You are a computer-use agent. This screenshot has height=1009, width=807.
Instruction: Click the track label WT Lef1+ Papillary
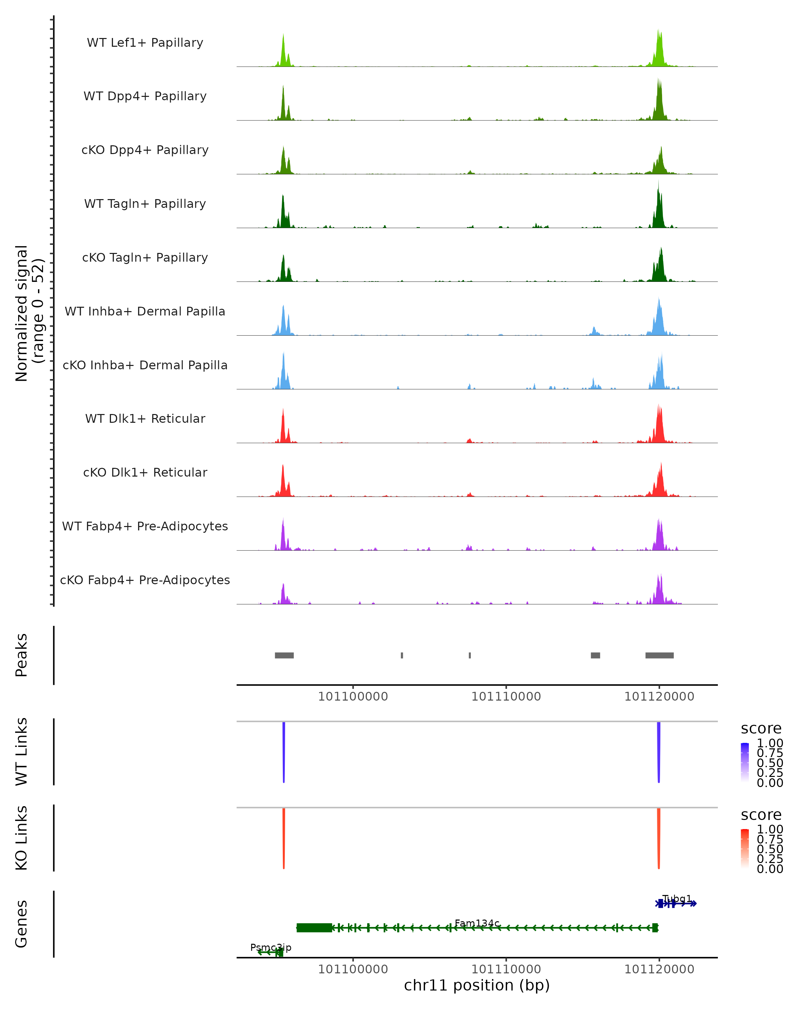pyautogui.click(x=145, y=43)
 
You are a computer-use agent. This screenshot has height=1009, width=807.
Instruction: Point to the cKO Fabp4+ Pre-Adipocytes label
pyautogui.click(x=145, y=580)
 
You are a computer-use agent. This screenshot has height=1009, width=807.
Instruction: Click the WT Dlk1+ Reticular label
pyautogui.click(x=145, y=418)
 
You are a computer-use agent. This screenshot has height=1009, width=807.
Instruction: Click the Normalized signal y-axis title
pyautogui.click(x=29, y=313)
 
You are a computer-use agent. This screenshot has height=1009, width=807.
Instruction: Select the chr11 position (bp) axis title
pyautogui.click(x=477, y=985)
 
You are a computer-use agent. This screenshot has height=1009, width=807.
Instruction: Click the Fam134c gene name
pyautogui.click(x=477, y=923)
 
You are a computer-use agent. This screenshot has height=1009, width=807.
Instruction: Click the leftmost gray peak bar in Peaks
pyautogui.click(x=284, y=655)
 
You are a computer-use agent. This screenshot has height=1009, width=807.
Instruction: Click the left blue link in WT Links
pyautogui.click(x=283, y=751)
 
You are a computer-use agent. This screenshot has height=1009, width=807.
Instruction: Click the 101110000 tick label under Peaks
pyautogui.click(x=506, y=697)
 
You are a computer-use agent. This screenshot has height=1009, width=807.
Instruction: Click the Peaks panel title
pyautogui.click(x=22, y=655)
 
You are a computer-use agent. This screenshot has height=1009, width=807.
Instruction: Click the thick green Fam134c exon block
pyautogui.click(x=314, y=928)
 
